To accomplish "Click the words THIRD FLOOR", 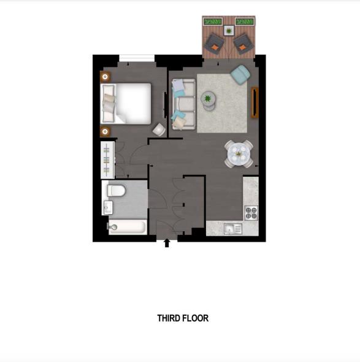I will tap(183, 318).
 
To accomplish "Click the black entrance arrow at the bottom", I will tap(166, 244).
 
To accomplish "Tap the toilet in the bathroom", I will tap(116, 191).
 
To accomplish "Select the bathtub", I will tap(127, 228).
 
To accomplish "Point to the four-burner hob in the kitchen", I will tap(251, 213).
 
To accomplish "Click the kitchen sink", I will tap(232, 229).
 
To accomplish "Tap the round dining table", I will tap(239, 153).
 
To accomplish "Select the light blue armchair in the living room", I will tap(239, 75).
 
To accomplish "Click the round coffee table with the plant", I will tap(209, 99).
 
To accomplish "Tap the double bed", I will tap(128, 102).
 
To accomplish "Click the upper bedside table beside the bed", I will tap(105, 77).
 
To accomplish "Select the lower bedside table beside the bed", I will tap(105, 131).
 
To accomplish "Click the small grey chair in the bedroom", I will tap(158, 129).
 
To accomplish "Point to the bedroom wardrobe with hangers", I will tap(107, 159).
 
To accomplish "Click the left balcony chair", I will tap(215, 42).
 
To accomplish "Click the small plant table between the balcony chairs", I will tap(229, 30).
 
